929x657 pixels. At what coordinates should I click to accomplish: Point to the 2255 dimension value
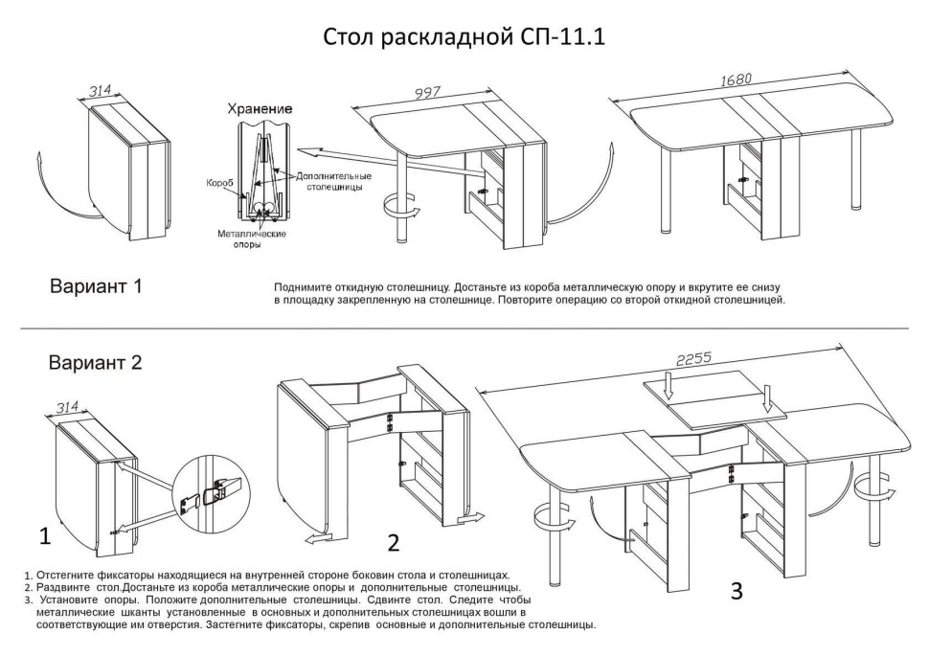pos(693,360)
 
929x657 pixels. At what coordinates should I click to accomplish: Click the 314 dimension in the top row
pos(101,91)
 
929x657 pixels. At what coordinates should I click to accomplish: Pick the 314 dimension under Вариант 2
pos(67,408)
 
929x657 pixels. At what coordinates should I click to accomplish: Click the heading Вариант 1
pos(96,286)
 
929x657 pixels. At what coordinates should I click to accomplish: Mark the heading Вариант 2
pos(96,363)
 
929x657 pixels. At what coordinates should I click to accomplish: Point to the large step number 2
pos(393,543)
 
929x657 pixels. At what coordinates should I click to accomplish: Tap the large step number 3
pos(736,591)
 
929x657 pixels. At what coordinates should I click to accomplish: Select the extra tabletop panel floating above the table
pos(714,397)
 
